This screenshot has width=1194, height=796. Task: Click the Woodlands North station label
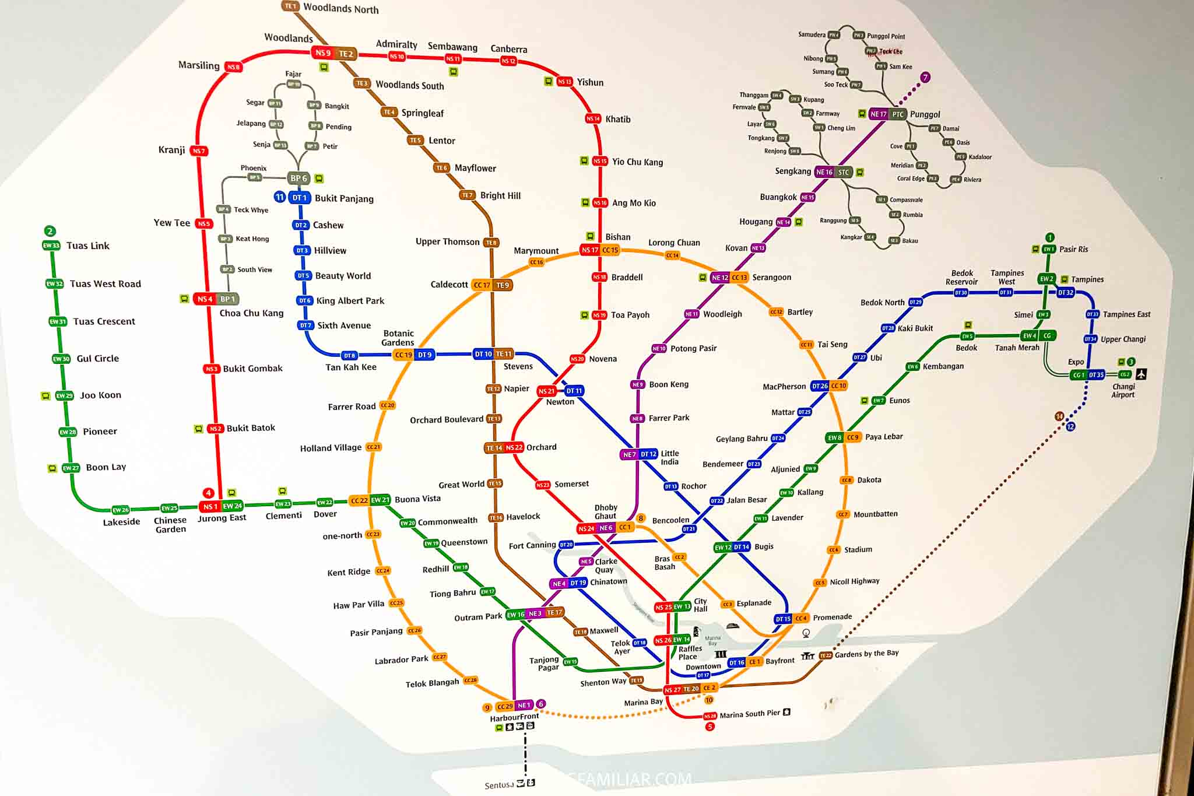click(340, 8)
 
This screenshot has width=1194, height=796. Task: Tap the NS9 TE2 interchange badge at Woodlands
click(335, 53)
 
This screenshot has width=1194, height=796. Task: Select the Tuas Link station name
click(87, 246)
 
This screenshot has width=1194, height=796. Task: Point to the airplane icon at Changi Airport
click(1141, 374)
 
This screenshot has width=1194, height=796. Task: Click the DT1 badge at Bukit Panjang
click(299, 198)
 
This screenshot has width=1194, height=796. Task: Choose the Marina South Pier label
click(749, 714)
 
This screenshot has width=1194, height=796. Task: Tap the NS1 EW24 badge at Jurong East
click(222, 506)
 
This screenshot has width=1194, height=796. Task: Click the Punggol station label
click(925, 114)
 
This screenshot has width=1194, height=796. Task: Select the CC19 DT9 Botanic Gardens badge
click(413, 355)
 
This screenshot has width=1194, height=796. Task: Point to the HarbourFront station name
click(514, 717)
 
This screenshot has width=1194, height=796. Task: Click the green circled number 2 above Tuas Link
click(50, 231)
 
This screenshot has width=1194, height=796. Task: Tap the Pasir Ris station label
click(1073, 249)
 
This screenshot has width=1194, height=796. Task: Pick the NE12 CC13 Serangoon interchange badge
click(729, 278)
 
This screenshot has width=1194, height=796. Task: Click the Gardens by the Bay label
click(866, 654)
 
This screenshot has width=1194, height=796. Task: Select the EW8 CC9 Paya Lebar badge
click(844, 437)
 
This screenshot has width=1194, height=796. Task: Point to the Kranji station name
click(171, 150)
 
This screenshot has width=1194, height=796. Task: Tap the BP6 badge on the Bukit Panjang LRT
click(298, 178)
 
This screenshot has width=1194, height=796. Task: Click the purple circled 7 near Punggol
click(925, 78)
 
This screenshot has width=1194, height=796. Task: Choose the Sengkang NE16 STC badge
click(833, 172)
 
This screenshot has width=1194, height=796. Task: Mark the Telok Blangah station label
click(432, 683)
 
